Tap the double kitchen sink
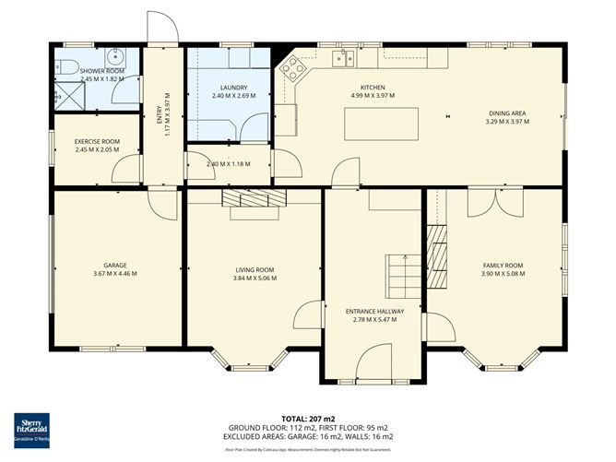pyautogui.click(x=343, y=59)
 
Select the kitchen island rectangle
pyautogui.click(x=381, y=124)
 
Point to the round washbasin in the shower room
pyautogui.click(x=112, y=54)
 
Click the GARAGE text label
pyautogui.click(x=115, y=265)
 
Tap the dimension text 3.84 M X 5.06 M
pyautogui.click(x=254, y=278)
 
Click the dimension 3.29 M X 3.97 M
pyautogui.click(x=506, y=121)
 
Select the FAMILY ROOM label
pyautogui.click(x=503, y=265)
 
